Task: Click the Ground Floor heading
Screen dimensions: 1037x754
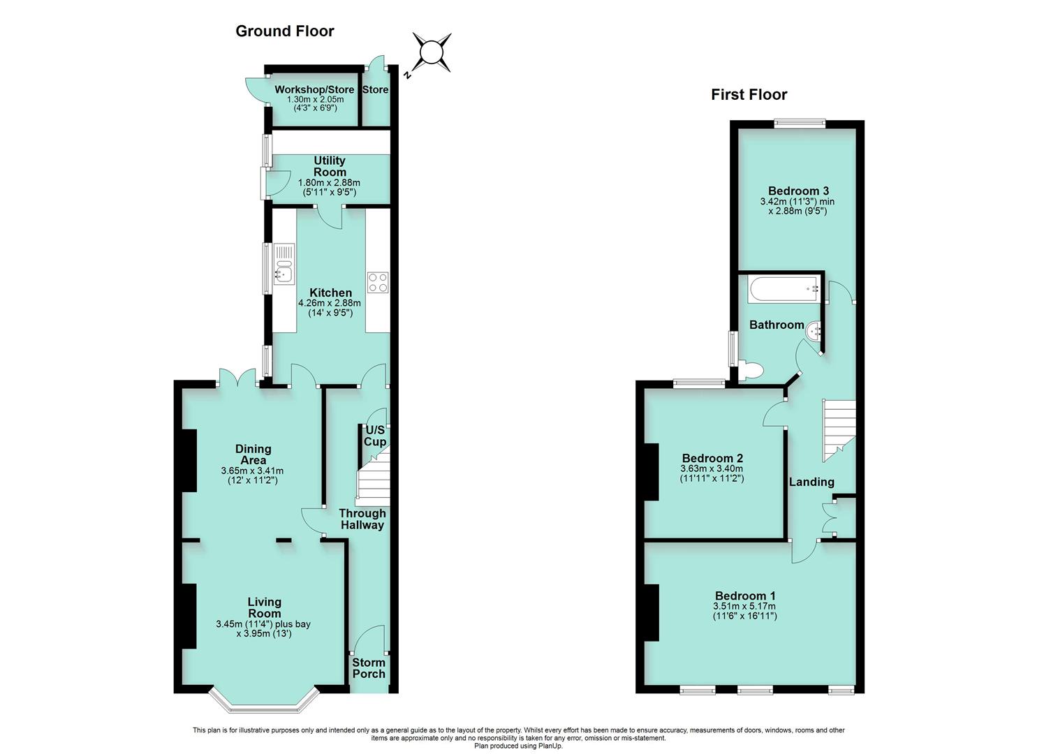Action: click(285, 31)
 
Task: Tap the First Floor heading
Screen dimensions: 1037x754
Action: click(749, 94)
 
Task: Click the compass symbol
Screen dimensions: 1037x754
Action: click(431, 52)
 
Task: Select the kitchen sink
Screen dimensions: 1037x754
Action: click(284, 264)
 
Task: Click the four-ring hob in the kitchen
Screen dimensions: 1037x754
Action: click(378, 282)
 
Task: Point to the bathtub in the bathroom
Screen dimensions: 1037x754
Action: click(783, 290)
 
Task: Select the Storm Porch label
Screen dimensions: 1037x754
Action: click(369, 668)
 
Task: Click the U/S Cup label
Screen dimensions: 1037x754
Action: click(374, 436)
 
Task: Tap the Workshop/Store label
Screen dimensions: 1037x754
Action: click(314, 89)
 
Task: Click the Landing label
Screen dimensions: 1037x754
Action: click(811, 482)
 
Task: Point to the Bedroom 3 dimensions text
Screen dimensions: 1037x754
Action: click(797, 207)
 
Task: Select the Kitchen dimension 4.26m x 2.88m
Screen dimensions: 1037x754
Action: click(330, 303)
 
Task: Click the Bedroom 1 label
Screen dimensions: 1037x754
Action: click(745, 596)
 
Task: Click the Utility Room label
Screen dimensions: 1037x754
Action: click(330, 166)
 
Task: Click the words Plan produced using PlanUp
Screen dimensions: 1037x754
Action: click(518, 746)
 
